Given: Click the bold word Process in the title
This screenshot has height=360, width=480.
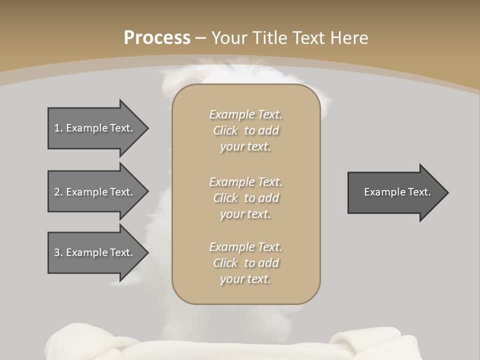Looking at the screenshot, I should [157, 38].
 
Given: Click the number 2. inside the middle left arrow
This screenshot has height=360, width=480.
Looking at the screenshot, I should [58, 192].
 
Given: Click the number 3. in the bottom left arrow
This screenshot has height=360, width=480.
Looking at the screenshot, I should [58, 252].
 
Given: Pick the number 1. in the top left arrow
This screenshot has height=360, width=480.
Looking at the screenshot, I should [58, 128].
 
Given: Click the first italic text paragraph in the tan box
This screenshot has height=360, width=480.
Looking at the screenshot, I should [245, 130].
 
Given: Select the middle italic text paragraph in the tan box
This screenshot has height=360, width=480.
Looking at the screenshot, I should [245, 198].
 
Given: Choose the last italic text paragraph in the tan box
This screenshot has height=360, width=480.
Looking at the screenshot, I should [245, 263].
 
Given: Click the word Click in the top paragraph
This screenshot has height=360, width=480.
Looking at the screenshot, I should [225, 130].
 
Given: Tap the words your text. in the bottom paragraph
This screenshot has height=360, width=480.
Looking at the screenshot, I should [245, 279].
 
